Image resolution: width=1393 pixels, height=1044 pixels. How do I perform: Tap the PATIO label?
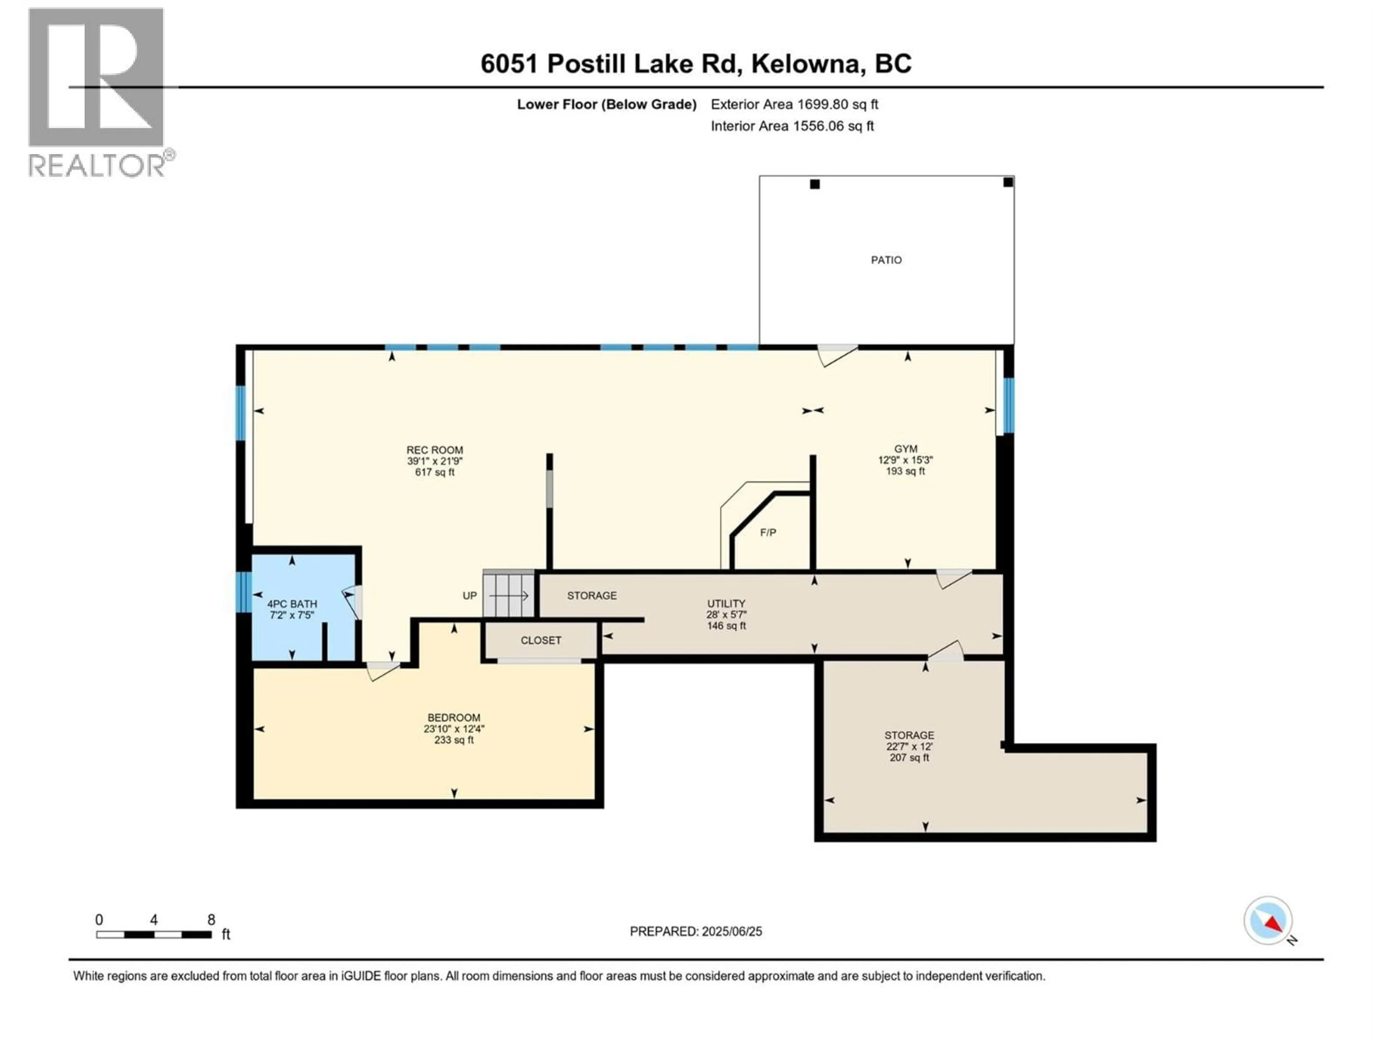pyautogui.click(x=886, y=260)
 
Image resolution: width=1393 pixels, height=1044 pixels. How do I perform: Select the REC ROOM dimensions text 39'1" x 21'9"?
pyautogui.click(x=435, y=461)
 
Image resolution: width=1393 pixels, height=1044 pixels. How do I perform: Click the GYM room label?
pyautogui.click(x=905, y=449)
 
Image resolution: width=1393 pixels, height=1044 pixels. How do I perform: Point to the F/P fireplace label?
pyautogui.click(x=768, y=533)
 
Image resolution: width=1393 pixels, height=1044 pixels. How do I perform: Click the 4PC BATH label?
pyautogui.click(x=292, y=604)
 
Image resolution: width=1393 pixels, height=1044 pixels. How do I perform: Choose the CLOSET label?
pyautogui.click(x=540, y=640)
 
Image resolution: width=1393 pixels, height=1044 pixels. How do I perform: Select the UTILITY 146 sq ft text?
pyautogui.click(x=726, y=626)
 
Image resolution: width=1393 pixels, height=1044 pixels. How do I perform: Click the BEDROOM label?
pyautogui.click(x=453, y=717)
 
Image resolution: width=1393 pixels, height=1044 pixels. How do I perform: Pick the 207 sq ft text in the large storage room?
pyautogui.click(x=909, y=758)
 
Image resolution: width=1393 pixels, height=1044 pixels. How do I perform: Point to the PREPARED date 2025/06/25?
pyautogui.click(x=695, y=931)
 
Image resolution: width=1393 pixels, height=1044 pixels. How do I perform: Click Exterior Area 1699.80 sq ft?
pyautogui.click(x=794, y=104)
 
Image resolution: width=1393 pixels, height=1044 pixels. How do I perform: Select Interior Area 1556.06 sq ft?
pyautogui.click(x=792, y=126)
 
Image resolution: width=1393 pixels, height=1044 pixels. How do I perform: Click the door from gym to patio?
pyautogui.click(x=838, y=354)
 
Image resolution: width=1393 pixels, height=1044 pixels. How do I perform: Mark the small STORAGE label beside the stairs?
pyautogui.click(x=591, y=595)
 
